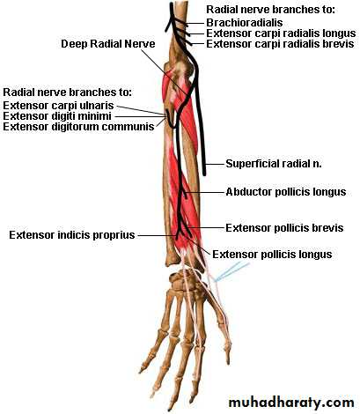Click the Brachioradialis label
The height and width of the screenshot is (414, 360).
(245, 23)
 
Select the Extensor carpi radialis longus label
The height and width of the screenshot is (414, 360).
(281, 33)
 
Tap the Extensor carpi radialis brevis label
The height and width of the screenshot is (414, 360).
(280, 44)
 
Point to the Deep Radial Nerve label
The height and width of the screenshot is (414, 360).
(108, 44)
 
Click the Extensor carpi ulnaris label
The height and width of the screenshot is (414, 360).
(58, 105)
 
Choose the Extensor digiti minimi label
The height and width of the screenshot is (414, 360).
(57, 116)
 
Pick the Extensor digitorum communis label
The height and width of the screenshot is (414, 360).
(78, 127)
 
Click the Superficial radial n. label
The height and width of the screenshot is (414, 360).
(274, 164)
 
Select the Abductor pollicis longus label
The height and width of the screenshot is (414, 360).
(286, 192)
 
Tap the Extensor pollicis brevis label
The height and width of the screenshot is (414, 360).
(284, 228)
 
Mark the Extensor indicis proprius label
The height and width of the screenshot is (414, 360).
(72, 235)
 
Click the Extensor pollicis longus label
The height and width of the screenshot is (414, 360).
(272, 255)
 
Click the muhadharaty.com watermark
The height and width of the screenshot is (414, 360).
(291, 403)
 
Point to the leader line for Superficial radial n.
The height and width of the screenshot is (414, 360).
(215, 164)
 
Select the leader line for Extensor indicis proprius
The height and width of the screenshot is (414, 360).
(158, 235)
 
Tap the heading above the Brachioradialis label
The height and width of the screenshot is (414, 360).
(270, 9)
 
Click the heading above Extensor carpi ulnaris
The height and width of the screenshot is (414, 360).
(67, 92)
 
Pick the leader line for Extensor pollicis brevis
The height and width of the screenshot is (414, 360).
(206, 228)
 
